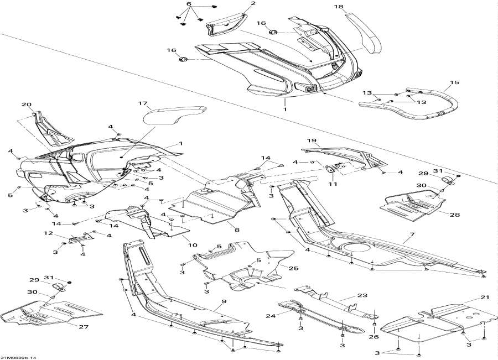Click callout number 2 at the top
coord(253,4)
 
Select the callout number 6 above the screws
coord(188,4)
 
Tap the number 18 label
coord(354,7)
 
